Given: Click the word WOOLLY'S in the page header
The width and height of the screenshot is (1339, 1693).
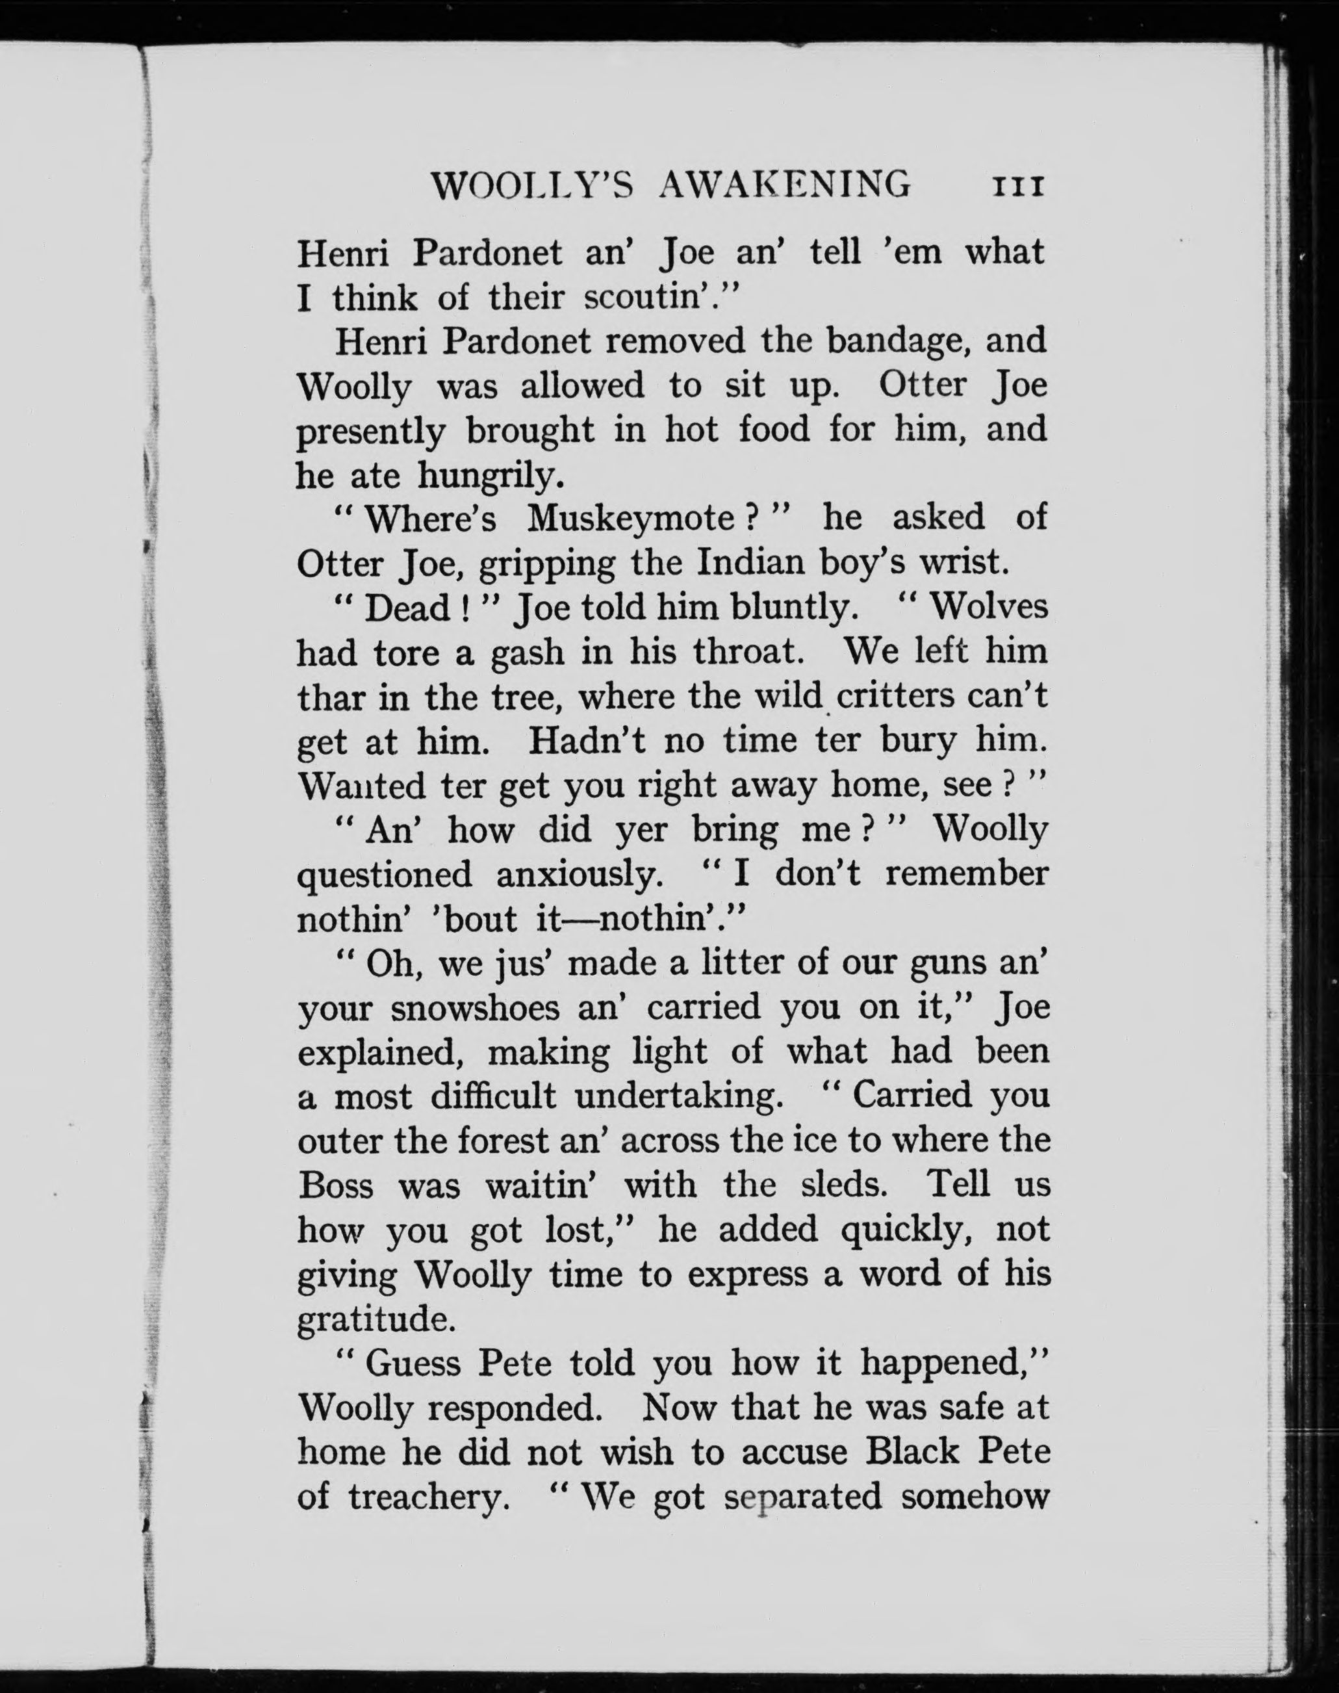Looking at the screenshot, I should (533, 187).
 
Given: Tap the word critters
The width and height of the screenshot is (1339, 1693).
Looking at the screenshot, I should (900, 696).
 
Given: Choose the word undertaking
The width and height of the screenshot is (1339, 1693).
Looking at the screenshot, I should (679, 1096).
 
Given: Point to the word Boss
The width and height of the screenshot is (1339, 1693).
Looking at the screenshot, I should (335, 1185).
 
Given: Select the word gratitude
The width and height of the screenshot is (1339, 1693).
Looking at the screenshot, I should (376, 1319).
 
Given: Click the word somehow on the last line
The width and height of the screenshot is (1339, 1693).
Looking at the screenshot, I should (975, 1496).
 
